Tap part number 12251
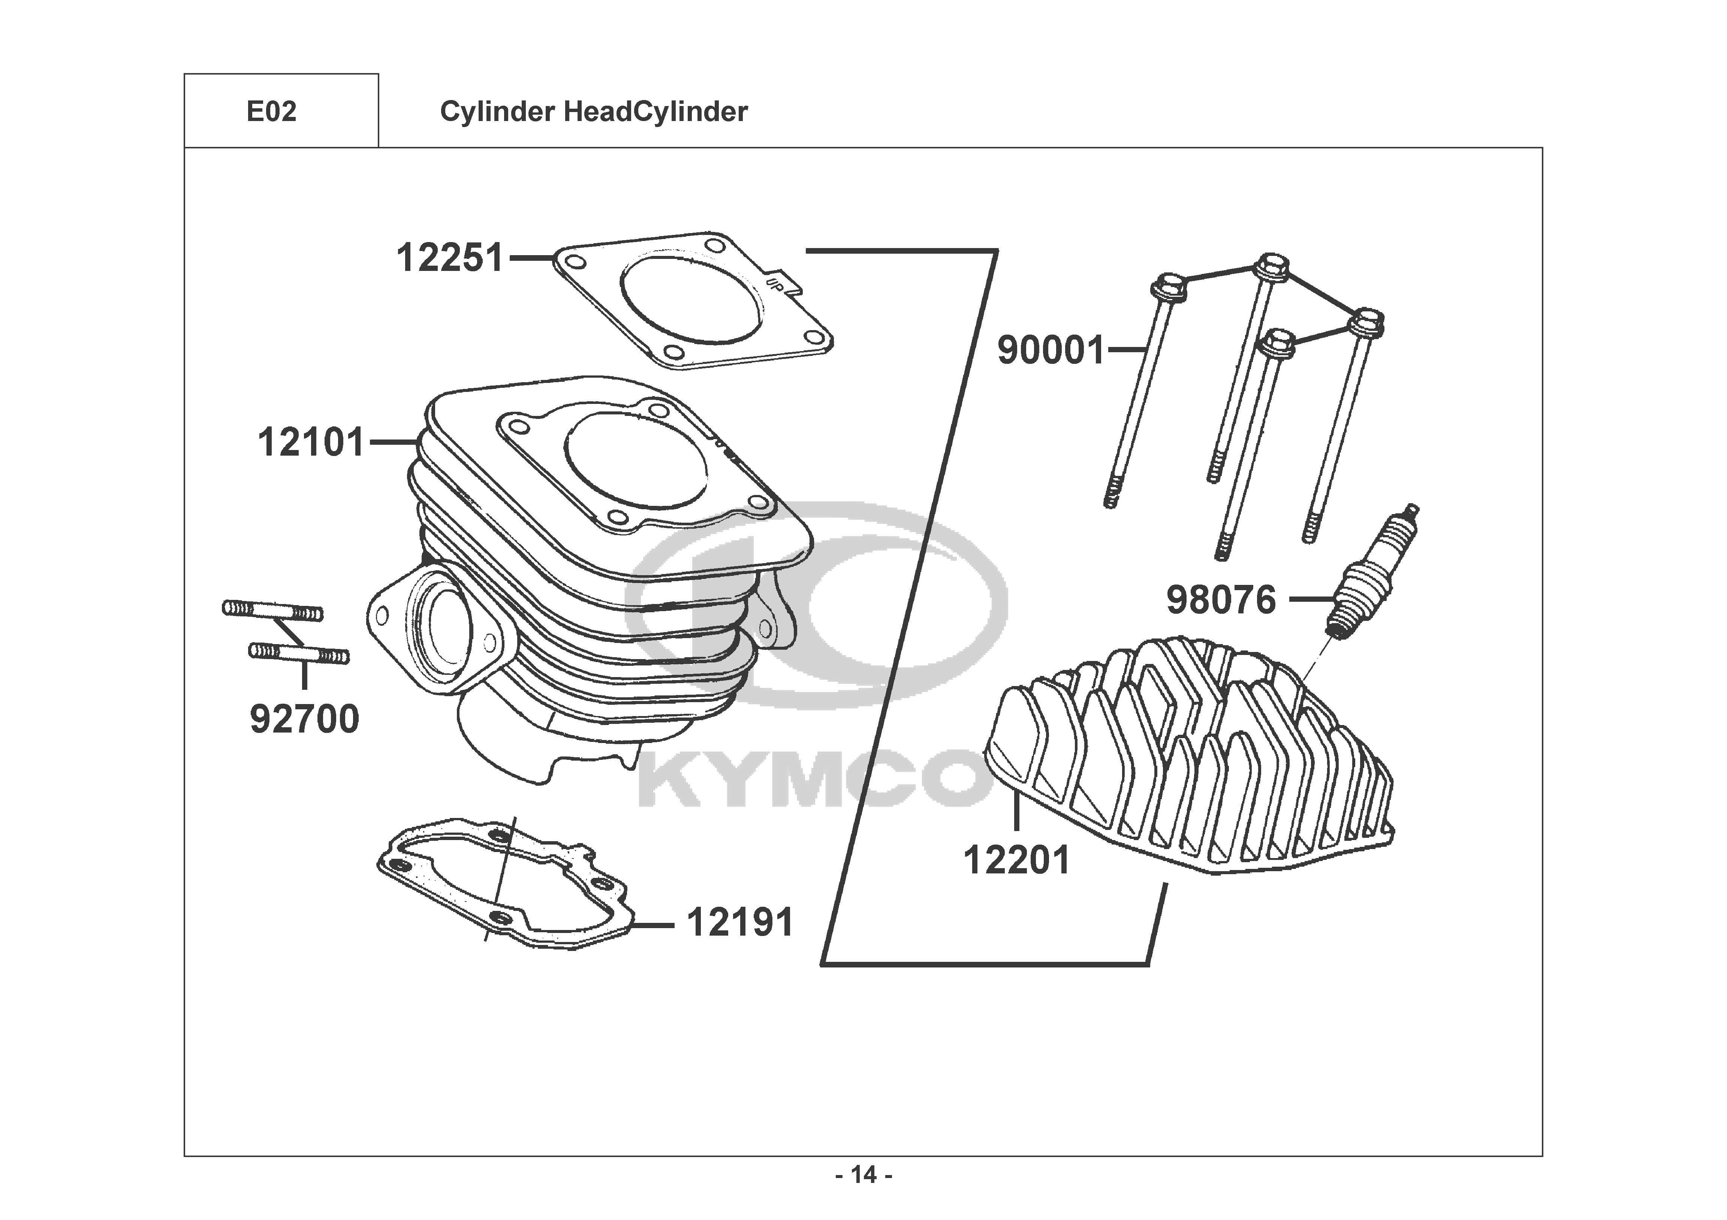pos(450,258)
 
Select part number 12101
pos(311,442)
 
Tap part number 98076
pos(1221,600)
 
